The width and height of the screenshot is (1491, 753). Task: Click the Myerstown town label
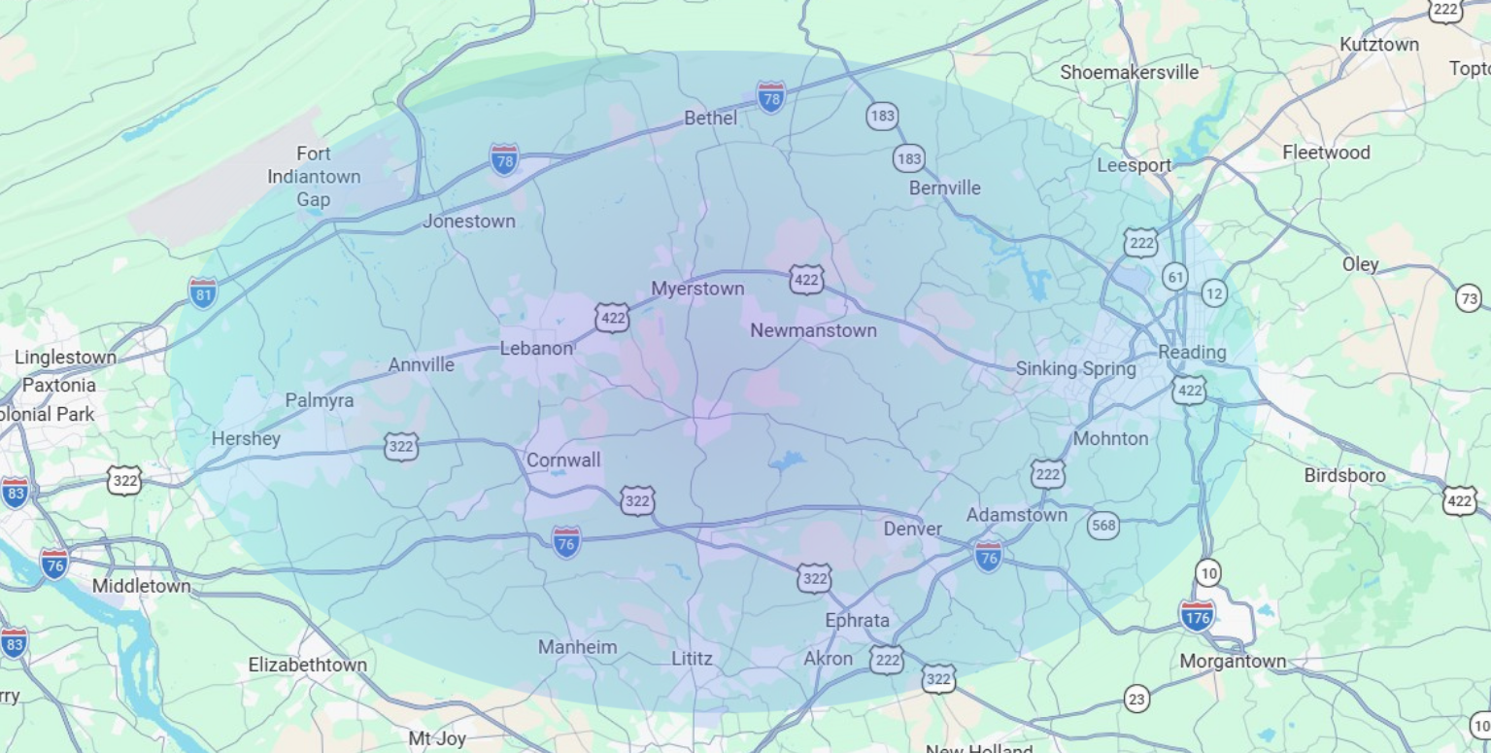pos(697,289)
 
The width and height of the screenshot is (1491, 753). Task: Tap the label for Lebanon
pos(536,348)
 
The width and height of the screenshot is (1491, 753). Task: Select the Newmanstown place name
pos(813,330)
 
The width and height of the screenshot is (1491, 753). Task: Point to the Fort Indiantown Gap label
pos(314,177)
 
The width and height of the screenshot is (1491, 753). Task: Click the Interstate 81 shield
pos(203,292)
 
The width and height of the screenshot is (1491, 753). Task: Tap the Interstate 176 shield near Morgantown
pos(1197,615)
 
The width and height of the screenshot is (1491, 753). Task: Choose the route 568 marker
pos(1102,526)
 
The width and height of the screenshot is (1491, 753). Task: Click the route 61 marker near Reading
pos(1175,277)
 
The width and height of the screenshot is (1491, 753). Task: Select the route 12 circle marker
pos(1213,292)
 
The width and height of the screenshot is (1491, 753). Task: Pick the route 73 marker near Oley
pos(1469,298)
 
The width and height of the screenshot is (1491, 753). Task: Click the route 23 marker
pos(1136,699)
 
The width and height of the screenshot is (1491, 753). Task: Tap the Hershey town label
pos(246,438)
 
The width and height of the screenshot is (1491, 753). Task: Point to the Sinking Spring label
pos(1075,368)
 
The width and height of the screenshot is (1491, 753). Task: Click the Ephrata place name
pos(857,620)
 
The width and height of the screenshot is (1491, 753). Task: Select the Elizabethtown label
pos(308,665)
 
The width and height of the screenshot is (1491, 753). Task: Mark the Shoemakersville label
pos(1129,72)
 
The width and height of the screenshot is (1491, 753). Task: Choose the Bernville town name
pos(944,188)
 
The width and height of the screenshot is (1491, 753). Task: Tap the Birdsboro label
pos(1344,475)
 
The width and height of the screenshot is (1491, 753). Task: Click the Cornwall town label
pos(563,460)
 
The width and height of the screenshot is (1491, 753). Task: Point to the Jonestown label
pos(468,221)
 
